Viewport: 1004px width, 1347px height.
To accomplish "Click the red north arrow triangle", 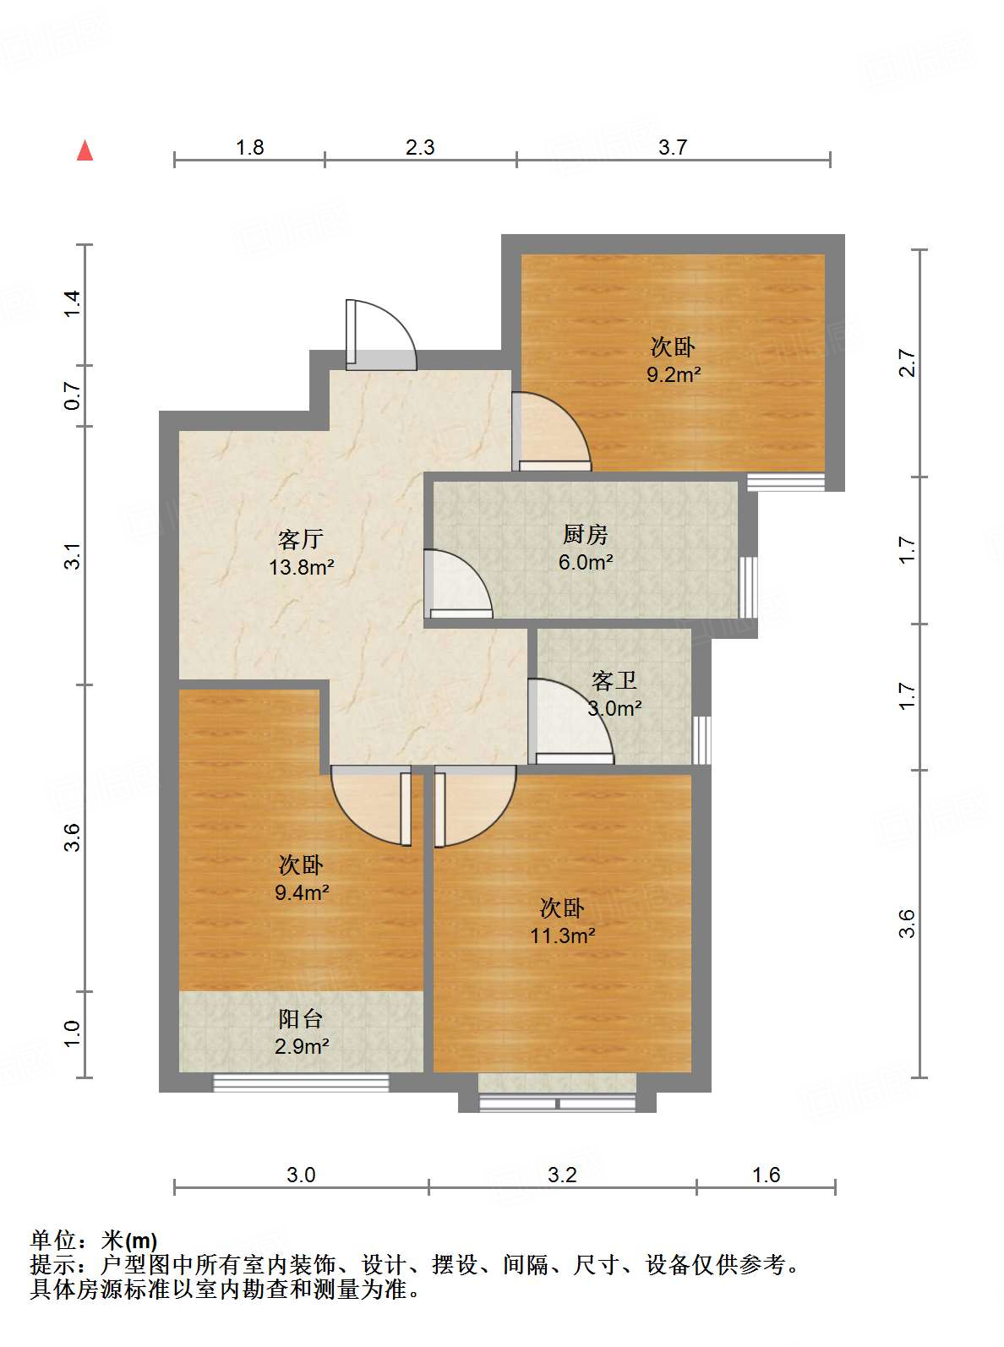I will click(x=85, y=150).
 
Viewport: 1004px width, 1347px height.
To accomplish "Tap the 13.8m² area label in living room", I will click(x=302, y=567).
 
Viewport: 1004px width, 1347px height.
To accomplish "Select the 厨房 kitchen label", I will click(x=585, y=534).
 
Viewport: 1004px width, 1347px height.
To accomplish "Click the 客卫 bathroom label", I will click(x=614, y=680).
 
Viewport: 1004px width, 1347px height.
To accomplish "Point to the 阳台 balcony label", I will click(x=301, y=1019).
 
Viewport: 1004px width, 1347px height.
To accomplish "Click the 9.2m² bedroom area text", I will click(x=673, y=374).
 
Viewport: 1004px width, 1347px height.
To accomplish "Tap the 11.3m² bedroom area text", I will click(x=562, y=935).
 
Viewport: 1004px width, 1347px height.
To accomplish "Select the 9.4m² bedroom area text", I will click(x=302, y=892).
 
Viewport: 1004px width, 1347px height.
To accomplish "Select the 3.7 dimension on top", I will click(x=673, y=148).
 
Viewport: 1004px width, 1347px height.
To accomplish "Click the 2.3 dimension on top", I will click(x=420, y=148).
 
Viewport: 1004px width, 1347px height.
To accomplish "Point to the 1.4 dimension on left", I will click(x=73, y=303).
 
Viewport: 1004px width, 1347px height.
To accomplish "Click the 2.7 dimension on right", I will click(x=907, y=363).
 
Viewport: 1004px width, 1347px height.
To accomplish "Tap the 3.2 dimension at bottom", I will click(x=562, y=1175).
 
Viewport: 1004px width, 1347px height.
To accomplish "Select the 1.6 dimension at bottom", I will click(x=766, y=1175).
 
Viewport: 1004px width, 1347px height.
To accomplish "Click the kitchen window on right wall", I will click(x=748, y=587).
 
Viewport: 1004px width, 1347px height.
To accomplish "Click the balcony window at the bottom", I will click(x=301, y=1083).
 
